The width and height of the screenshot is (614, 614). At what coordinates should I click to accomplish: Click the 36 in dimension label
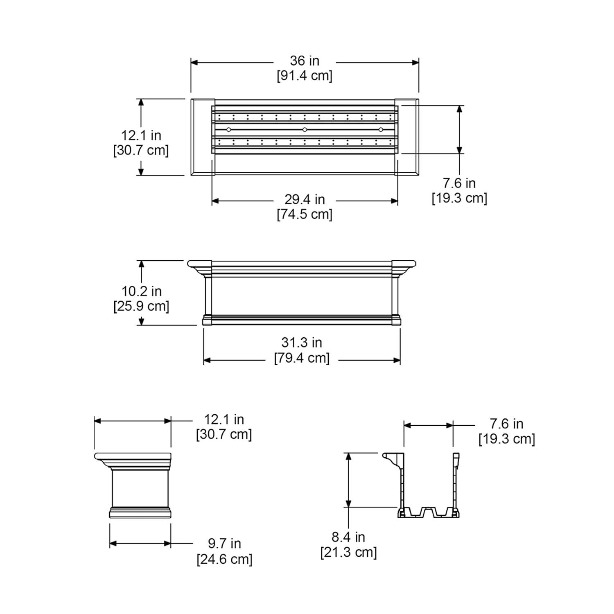point(305,61)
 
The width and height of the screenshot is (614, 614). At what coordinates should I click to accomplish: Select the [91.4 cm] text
point(305,76)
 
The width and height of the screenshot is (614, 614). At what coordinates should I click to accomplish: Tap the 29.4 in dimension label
point(305,200)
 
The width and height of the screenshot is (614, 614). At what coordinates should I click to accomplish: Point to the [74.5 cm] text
point(305,214)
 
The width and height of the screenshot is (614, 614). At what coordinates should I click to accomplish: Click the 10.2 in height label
point(142,291)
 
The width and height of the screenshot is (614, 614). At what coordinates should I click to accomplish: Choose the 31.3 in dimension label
point(302,343)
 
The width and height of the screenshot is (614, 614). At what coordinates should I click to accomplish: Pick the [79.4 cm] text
point(302,358)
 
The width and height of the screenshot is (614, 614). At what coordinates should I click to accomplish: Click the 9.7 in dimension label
point(224,544)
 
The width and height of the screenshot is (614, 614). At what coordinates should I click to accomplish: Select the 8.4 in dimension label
point(348,537)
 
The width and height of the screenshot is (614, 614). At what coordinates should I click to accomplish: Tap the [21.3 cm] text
point(348,553)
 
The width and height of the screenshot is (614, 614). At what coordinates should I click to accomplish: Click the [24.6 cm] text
point(224,559)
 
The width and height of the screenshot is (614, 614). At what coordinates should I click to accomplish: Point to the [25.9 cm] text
point(141,307)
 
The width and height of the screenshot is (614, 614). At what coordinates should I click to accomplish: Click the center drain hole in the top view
point(305,130)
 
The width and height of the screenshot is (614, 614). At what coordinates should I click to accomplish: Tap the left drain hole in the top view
point(229,130)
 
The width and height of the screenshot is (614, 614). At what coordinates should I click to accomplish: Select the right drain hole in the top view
point(381,130)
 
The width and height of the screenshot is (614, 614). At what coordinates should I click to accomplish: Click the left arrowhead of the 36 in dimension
point(194,63)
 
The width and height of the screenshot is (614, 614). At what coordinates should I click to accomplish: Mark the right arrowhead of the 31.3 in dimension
point(397,360)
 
